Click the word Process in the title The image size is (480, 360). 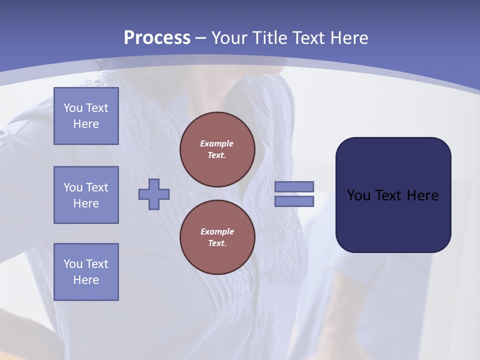pyautogui.click(x=157, y=38)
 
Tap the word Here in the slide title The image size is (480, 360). pyautogui.click(x=348, y=38)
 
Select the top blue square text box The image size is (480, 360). pyautogui.click(x=86, y=116)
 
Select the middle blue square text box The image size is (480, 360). pyautogui.click(x=86, y=195)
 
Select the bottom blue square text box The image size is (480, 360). pyautogui.click(x=86, y=271)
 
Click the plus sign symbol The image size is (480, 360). pyautogui.click(x=154, y=194)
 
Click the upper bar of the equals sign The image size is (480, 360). pyautogui.click(x=294, y=186)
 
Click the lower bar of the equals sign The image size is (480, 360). pyautogui.click(x=294, y=201)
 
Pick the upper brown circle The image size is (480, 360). pyautogui.click(x=217, y=149)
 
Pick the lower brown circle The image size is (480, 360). pyautogui.click(x=217, y=237)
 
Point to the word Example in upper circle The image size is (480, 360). pyautogui.click(x=217, y=143)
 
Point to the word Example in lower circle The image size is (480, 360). pyautogui.click(x=217, y=231)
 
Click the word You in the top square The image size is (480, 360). pyautogui.click(x=73, y=108)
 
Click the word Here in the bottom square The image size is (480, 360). pyautogui.click(x=86, y=280)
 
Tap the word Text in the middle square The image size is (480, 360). pyautogui.click(x=97, y=187)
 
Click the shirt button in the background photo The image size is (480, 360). pyautogui.click(x=259, y=323)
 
